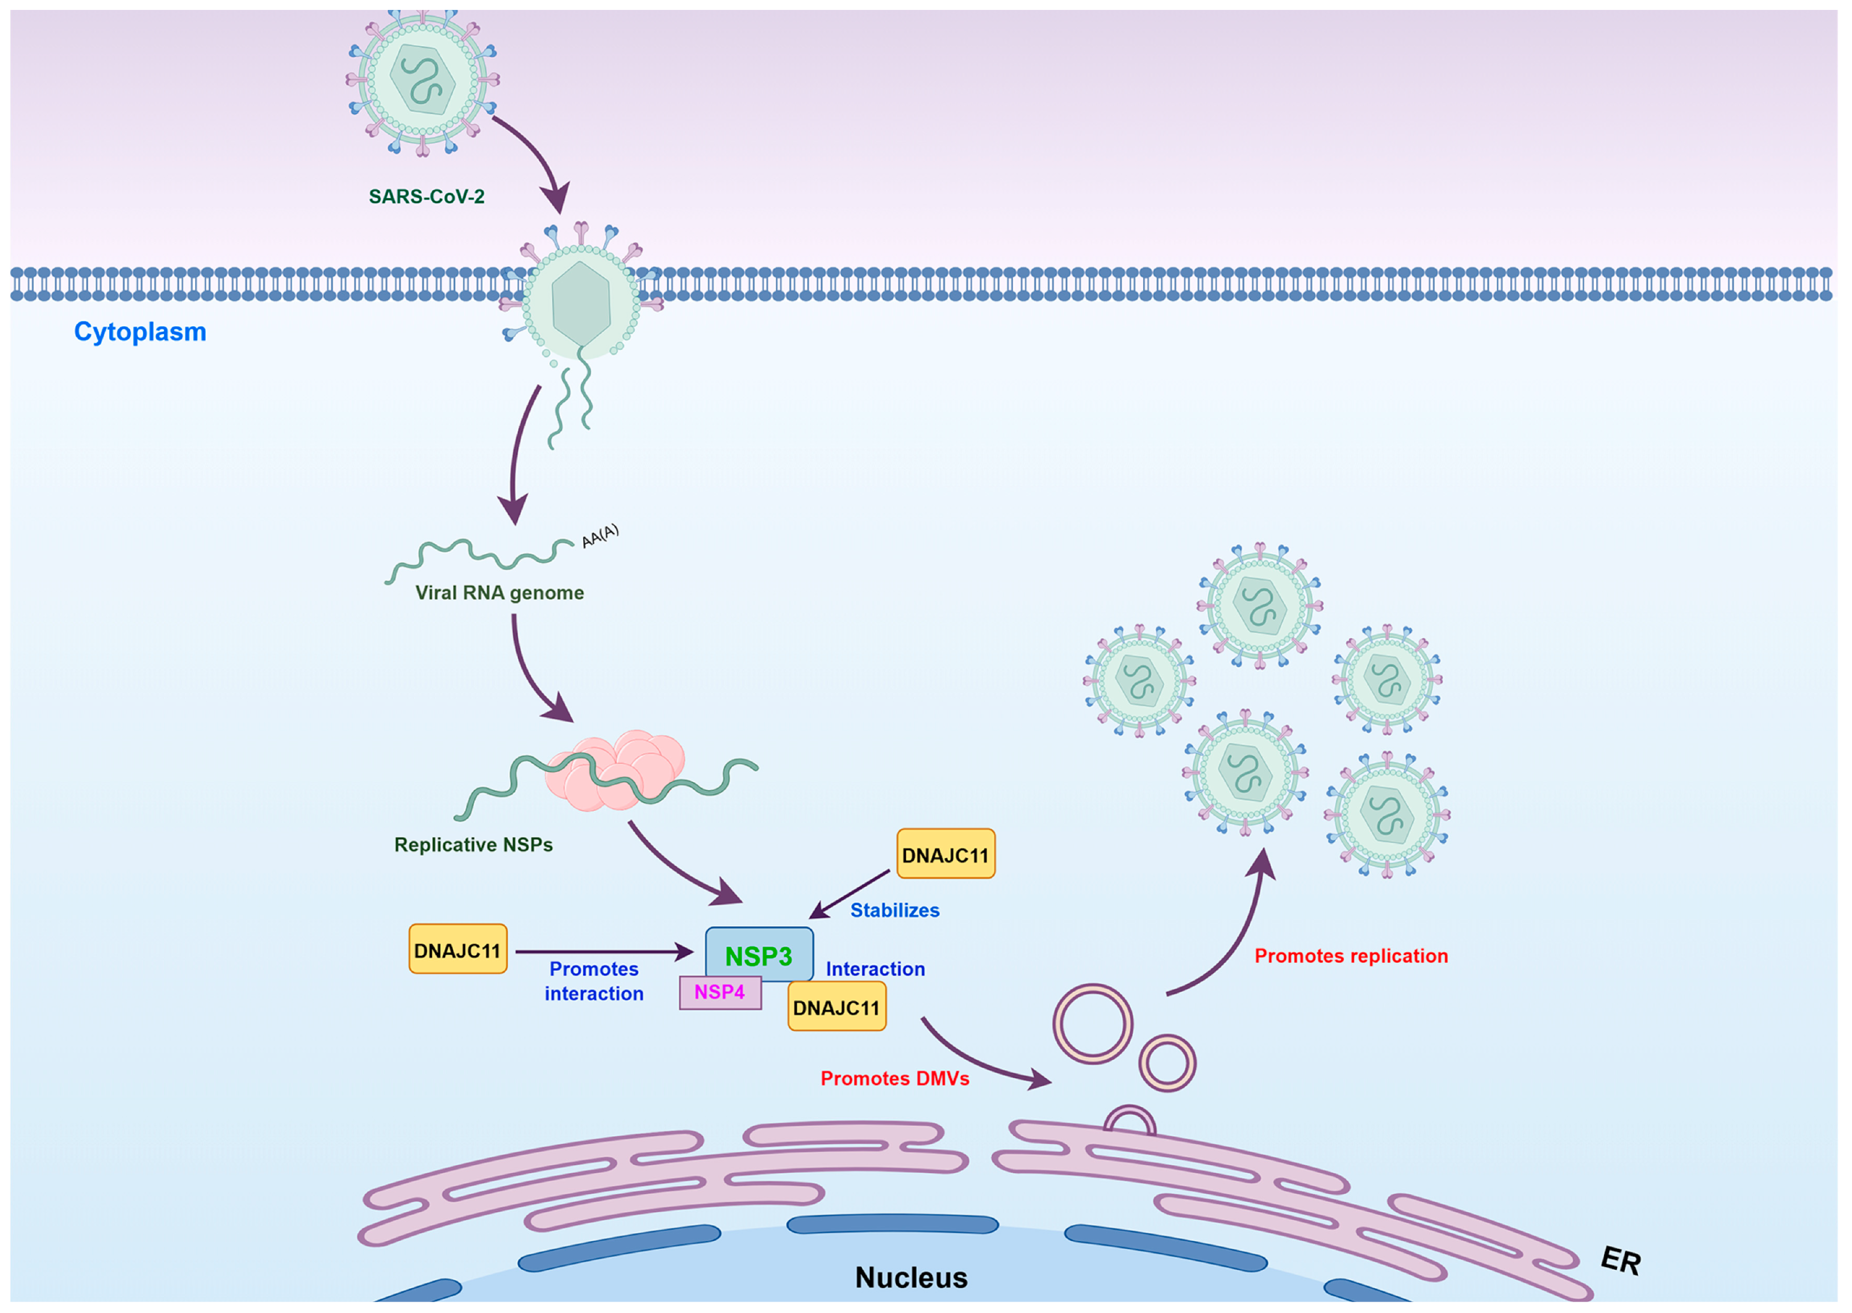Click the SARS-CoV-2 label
coord(426,197)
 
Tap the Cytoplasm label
coord(140,332)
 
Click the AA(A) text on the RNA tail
coord(600,535)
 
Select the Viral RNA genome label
coord(499,592)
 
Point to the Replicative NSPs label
coord(473,845)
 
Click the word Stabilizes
coord(895,910)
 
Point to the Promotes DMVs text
coord(895,1079)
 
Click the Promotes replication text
coord(1351,955)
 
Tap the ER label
coord(1620,1260)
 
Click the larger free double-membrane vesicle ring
coord(1092,1023)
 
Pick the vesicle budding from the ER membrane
coord(1129,1121)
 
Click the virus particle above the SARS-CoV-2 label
coord(422,81)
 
